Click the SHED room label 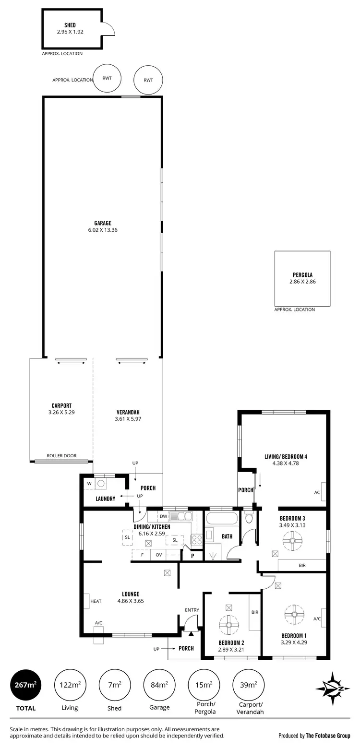click(x=70, y=25)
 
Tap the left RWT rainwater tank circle click(x=107, y=78)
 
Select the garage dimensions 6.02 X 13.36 click(x=103, y=230)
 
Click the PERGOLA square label click(x=302, y=275)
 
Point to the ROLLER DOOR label click(x=61, y=456)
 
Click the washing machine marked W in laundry click(x=89, y=484)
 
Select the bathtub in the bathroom click(x=221, y=519)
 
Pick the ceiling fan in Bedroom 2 click(x=228, y=625)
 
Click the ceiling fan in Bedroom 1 click(x=292, y=614)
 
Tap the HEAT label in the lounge click(x=96, y=601)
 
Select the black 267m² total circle click(x=26, y=685)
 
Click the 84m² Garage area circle click(x=159, y=685)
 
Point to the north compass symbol click(x=332, y=688)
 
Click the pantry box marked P click(x=192, y=556)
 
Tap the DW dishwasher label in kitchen click(x=163, y=516)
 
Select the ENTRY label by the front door click(x=192, y=610)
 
